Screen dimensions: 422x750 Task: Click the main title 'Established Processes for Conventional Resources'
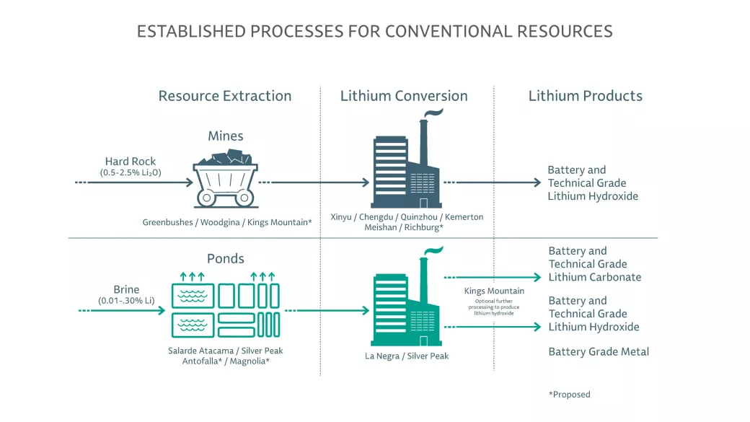coord(374,32)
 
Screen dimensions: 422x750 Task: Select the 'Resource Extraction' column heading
coord(225,96)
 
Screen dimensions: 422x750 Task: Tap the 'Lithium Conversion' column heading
coord(404,96)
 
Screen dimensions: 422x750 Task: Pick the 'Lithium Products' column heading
coord(585,96)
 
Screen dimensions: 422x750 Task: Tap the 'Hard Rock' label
coord(131,162)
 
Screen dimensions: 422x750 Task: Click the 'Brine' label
coord(126,290)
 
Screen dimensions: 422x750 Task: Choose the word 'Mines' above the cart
coord(226,136)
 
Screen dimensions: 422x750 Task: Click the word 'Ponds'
coord(226,259)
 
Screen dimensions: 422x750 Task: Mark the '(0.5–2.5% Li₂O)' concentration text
coord(131,173)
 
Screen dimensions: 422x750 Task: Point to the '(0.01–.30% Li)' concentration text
coord(126,301)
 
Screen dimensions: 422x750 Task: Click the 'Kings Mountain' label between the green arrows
coord(494,291)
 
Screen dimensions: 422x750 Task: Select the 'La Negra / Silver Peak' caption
coord(407,356)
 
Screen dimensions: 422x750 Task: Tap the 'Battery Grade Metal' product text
coord(599,352)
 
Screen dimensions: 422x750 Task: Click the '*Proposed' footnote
coord(569,395)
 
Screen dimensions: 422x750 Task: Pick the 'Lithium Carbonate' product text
coord(594,277)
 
